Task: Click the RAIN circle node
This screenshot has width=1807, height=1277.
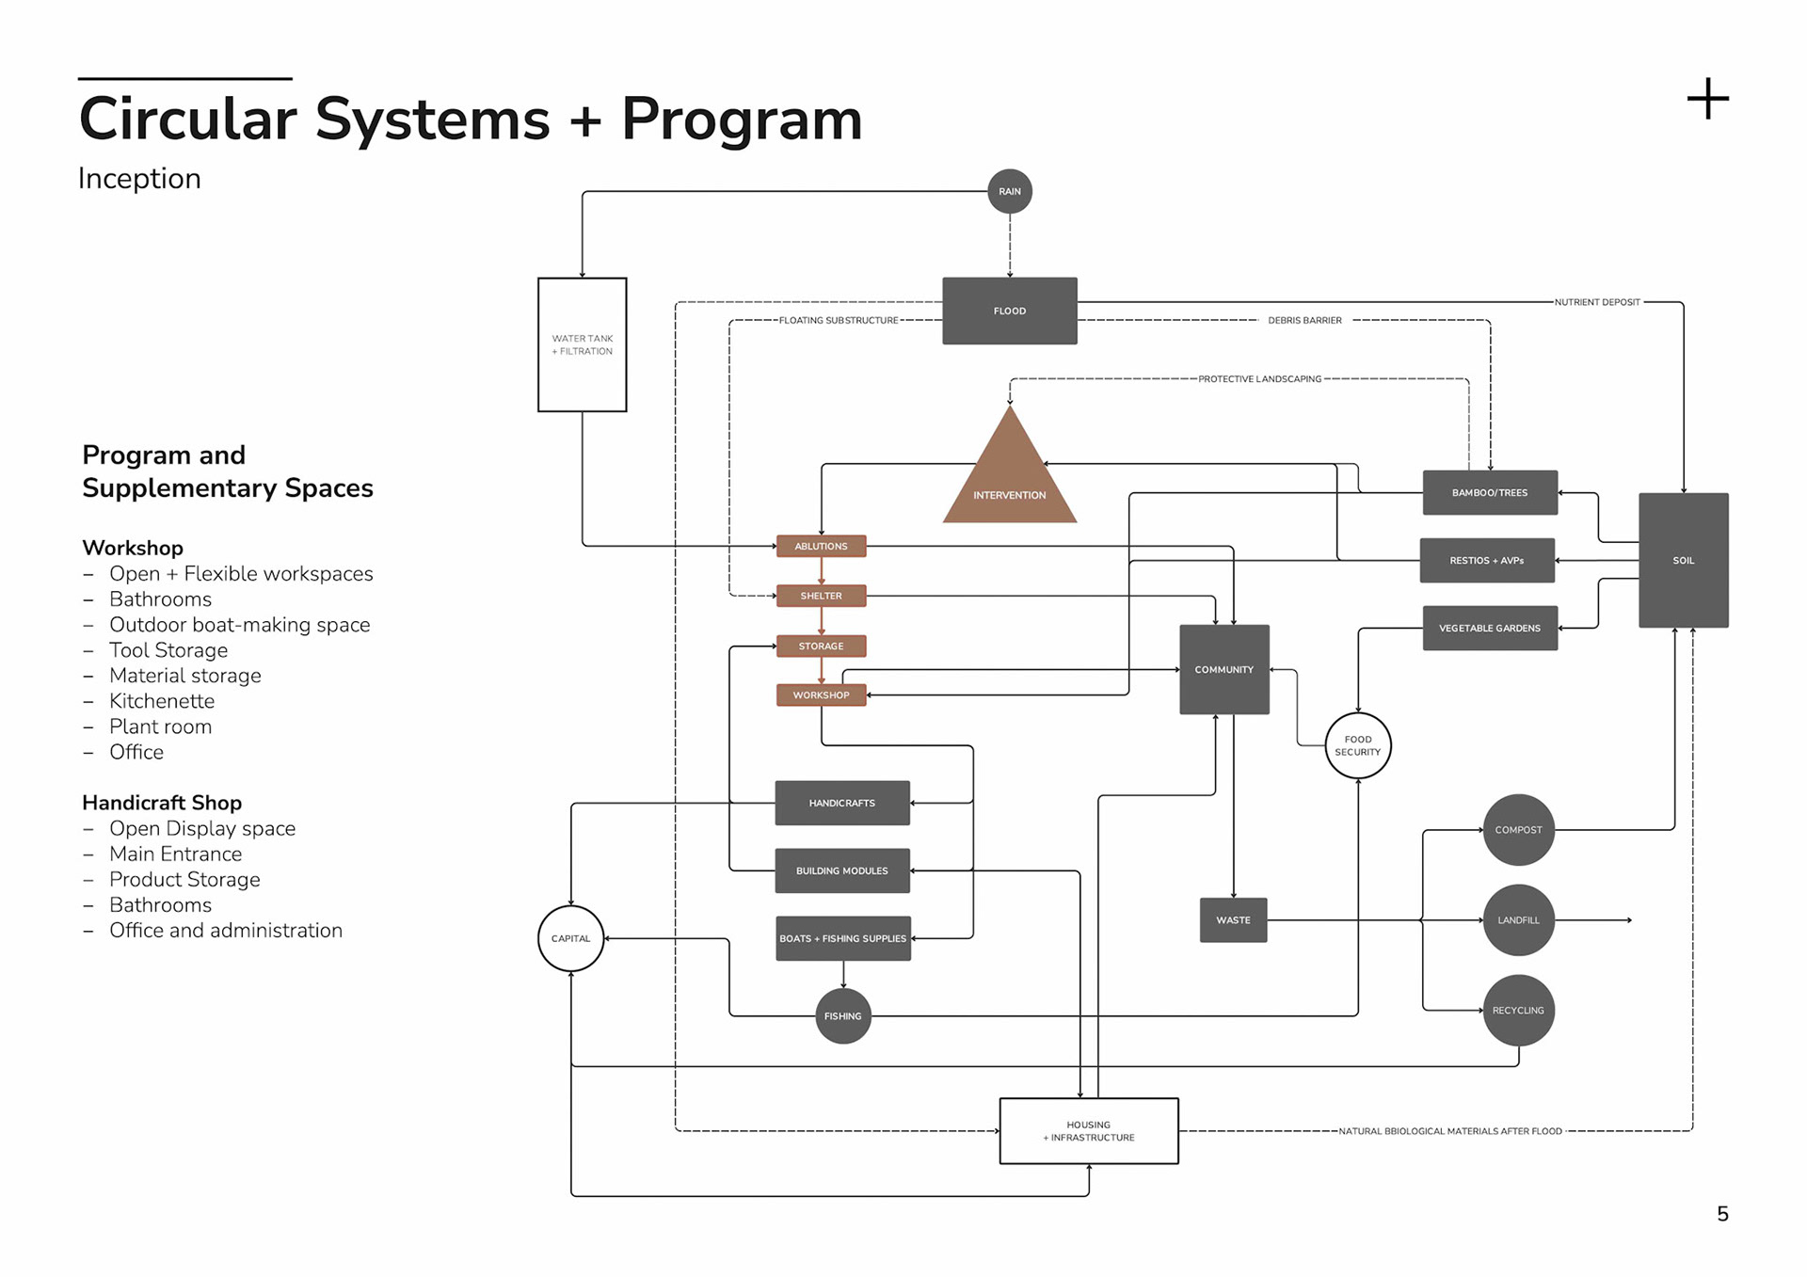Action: pyautogui.click(x=1009, y=191)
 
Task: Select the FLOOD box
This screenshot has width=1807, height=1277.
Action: pyautogui.click(x=1009, y=311)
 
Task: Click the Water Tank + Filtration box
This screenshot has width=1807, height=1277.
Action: pyautogui.click(x=582, y=344)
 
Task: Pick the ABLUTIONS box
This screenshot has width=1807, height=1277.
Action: pyautogui.click(x=821, y=546)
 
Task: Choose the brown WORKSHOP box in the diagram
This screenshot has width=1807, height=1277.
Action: pyautogui.click(x=821, y=695)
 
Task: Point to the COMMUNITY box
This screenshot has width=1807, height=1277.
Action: pyautogui.click(x=1223, y=669)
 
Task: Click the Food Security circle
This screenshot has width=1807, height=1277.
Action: pyautogui.click(x=1357, y=745)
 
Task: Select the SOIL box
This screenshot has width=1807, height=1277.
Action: pyautogui.click(x=1683, y=560)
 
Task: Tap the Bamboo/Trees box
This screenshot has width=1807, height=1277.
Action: pyautogui.click(x=1489, y=492)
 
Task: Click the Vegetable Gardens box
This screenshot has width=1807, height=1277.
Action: pyautogui.click(x=1489, y=628)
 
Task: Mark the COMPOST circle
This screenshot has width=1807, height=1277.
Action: pyautogui.click(x=1518, y=830)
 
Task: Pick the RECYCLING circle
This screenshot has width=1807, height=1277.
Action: pyautogui.click(x=1518, y=1011)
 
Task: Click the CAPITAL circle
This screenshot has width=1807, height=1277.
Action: pyautogui.click(x=570, y=938)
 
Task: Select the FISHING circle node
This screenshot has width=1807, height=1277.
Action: pyautogui.click(x=842, y=1016)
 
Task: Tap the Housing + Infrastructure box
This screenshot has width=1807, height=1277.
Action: pyautogui.click(x=1088, y=1131)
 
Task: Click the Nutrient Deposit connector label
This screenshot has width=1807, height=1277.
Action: pyautogui.click(x=1596, y=302)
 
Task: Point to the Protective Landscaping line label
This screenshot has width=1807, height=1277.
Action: pyautogui.click(x=1259, y=379)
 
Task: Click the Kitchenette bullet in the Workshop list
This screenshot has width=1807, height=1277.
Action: pyautogui.click(x=161, y=701)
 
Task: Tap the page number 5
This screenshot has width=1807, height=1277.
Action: pyautogui.click(x=1721, y=1214)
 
